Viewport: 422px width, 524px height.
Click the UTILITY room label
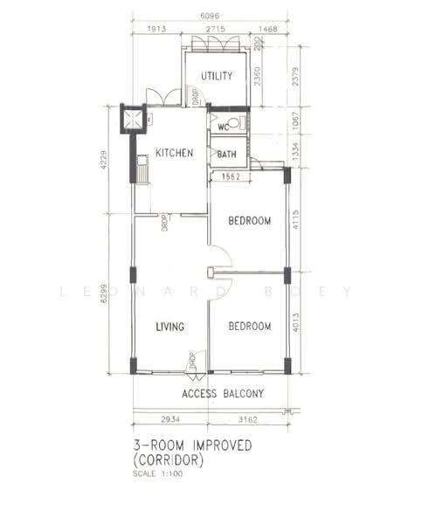(217, 76)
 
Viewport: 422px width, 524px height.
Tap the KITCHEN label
(174, 153)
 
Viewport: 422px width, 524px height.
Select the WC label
(224, 126)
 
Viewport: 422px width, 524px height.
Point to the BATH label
(226, 155)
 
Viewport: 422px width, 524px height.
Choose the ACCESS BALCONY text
(222, 394)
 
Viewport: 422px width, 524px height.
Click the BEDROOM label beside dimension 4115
(249, 221)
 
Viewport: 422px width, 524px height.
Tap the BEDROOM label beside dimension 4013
(249, 326)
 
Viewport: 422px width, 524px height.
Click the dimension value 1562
(231, 176)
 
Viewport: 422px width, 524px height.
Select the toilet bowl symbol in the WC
(238, 123)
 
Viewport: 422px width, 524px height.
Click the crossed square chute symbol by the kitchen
(132, 118)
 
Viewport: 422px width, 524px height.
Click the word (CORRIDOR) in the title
(169, 460)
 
